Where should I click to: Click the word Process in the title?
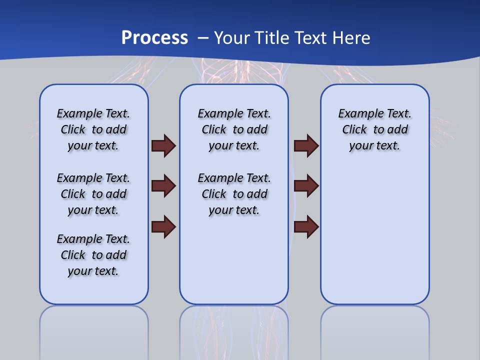pos(154,38)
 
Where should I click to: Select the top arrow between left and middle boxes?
pos(163,146)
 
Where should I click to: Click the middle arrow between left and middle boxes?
pos(163,186)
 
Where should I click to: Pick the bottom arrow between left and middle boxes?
pos(163,226)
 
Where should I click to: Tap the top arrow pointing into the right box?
pos(306,146)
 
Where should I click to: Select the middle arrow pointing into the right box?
pos(306,186)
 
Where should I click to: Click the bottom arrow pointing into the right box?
pos(306,226)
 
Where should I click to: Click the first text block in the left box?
pos(93,129)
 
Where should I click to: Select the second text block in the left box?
pos(93,194)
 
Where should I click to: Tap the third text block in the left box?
pos(93,255)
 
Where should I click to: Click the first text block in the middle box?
pos(234,129)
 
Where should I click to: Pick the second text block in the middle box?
pos(234,194)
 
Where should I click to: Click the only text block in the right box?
pos(374,129)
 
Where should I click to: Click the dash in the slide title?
pos(203,38)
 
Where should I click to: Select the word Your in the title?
pos(232,38)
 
